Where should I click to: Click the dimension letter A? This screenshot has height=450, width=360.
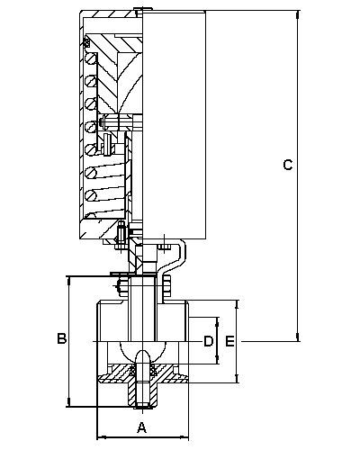142,427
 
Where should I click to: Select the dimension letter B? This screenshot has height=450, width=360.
62,338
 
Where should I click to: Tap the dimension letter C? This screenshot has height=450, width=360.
288,165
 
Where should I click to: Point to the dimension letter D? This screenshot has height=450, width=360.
209,341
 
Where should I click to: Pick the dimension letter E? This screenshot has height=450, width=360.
230,341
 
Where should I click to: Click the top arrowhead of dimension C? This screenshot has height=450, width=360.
298,15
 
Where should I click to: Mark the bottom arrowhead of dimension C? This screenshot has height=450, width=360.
298,337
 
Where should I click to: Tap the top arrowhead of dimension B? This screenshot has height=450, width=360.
69,283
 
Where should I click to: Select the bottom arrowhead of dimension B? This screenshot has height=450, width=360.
69,402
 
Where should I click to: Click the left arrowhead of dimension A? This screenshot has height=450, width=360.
103,437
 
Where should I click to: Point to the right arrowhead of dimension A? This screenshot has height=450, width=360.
184,437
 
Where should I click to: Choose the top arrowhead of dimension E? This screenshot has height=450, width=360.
238,305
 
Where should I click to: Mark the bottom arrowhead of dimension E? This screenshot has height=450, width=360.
238,378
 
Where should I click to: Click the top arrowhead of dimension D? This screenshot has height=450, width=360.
218,321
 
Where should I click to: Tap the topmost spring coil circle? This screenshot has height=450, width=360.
91,58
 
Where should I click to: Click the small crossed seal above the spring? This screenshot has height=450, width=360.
87,42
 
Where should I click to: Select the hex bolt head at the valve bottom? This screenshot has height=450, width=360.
142,406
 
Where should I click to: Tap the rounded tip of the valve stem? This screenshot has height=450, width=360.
142,354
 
